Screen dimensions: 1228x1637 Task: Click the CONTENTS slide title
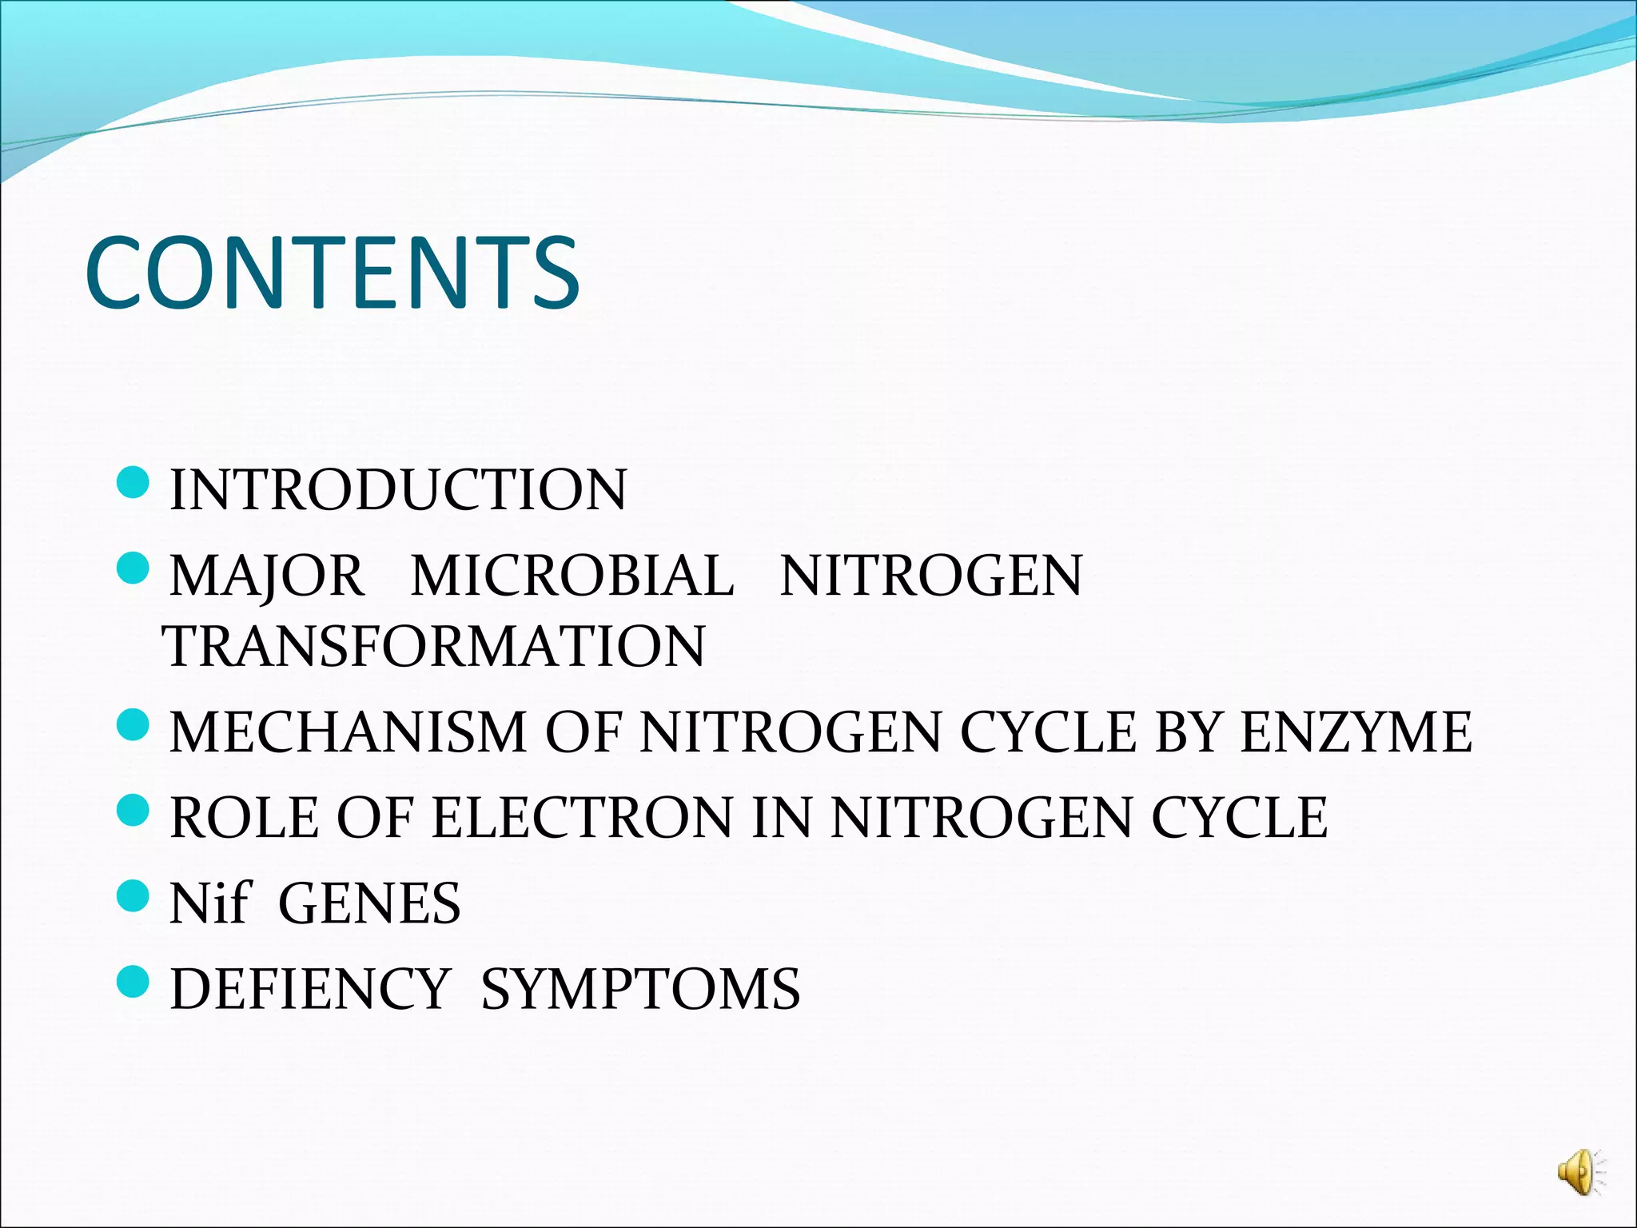pos(332,273)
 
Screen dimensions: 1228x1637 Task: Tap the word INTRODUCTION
pos(398,489)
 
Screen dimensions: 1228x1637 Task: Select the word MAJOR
pos(266,576)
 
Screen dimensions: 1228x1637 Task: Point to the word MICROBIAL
pos(572,576)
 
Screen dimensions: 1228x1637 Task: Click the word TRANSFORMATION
pos(434,646)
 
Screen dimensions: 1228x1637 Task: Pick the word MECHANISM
pos(348,732)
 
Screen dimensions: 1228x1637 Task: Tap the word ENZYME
pos(1356,732)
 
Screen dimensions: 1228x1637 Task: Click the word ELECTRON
pos(582,818)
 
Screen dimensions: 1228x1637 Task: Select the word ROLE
pos(244,818)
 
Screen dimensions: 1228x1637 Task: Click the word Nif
pos(210,903)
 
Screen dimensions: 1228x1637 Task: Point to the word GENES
pos(369,903)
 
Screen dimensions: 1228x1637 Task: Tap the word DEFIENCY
pos(310,990)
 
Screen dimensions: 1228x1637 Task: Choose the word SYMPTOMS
pos(640,990)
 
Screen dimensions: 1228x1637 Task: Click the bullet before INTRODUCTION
pos(133,483)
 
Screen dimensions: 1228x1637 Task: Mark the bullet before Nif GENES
pos(133,896)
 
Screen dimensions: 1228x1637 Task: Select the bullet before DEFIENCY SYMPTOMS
pos(133,982)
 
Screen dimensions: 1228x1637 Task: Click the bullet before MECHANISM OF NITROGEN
pos(133,725)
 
